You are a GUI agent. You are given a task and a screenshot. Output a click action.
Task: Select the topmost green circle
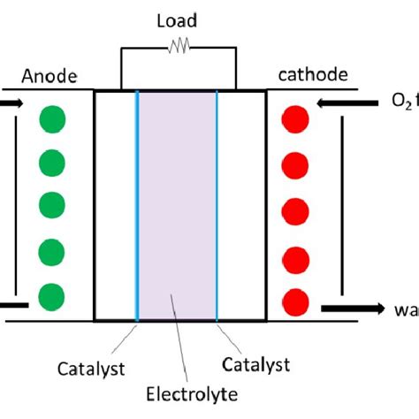[52, 120]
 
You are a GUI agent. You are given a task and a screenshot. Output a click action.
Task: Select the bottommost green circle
[52, 295]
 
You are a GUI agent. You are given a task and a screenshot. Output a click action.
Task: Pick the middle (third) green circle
[52, 207]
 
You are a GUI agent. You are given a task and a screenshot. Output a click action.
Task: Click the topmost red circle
[294, 120]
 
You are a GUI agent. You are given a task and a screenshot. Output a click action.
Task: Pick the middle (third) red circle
[294, 212]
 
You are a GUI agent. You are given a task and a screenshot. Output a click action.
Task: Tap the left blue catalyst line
[137, 203]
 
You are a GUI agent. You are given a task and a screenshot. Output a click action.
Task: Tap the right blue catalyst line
[217, 203]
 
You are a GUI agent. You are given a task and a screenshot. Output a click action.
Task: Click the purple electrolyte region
[177, 203]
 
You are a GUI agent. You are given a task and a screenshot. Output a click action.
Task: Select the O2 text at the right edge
[402, 103]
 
